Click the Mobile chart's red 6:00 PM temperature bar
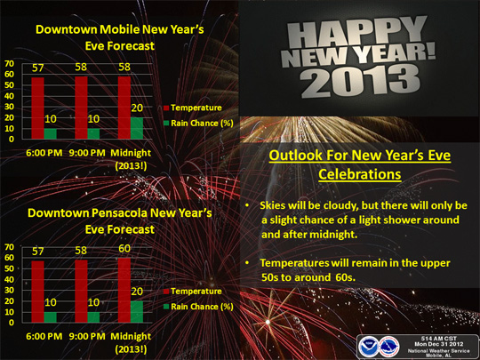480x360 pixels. click(37, 108)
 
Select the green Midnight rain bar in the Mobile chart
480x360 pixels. click(137, 128)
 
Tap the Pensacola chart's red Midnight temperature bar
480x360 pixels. click(124, 290)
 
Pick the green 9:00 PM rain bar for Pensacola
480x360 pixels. click(93, 317)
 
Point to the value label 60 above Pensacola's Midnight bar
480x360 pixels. click(124, 249)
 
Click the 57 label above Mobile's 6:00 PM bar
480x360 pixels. click(38, 68)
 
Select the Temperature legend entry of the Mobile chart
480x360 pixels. click(193, 108)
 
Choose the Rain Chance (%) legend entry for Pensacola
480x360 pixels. click(199, 307)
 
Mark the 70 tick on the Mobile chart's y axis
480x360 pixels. click(9, 63)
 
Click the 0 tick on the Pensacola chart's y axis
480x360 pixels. click(12, 323)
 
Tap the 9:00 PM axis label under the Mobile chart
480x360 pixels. click(87, 153)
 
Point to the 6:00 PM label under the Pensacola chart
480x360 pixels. click(44, 336)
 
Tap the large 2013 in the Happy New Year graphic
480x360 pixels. click(360, 81)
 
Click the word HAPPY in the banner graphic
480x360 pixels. click(356, 33)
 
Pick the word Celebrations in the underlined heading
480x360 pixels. click(360, 174)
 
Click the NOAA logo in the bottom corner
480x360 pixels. click(368, 347)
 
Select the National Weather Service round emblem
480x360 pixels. click(388, 347)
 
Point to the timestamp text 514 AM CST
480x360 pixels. click(439, 339)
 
